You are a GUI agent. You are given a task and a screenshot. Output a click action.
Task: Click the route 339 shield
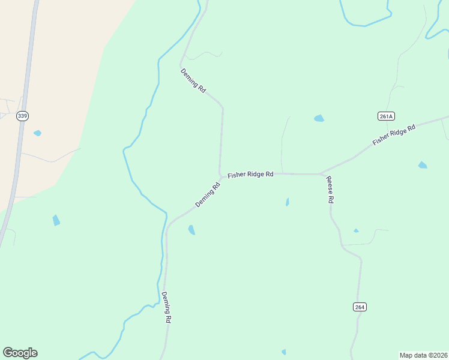click(22, 116)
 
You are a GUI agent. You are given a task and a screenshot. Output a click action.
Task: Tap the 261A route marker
click(387, 116)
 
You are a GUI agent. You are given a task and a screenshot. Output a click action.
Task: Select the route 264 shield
click(359, 307)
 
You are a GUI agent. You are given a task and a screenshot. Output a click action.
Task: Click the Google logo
click(20, 353)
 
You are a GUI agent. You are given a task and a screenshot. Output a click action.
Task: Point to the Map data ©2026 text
click(423, 355)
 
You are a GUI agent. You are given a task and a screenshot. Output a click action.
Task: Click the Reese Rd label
click(330, 190)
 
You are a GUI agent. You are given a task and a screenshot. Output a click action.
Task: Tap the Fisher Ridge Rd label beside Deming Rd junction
click(250, 174)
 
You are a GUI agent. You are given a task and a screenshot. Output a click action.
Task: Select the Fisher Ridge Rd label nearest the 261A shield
click(394, 135)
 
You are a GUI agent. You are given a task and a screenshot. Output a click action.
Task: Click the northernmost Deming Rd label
click(193, 80)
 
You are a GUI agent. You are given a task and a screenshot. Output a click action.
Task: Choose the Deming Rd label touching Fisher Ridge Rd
click(208, 195)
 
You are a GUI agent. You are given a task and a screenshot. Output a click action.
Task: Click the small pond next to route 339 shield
click(37, 133)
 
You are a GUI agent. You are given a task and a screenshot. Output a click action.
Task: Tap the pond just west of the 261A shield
click(319, 118)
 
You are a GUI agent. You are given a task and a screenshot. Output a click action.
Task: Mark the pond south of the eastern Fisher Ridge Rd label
click(423, 165)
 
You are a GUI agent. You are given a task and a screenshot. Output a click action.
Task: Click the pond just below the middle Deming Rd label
click(191, 230)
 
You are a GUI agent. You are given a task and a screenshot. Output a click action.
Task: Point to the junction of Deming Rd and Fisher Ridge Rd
click(221, 176)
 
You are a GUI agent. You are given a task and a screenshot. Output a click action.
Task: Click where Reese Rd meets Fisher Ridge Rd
click(322, 174)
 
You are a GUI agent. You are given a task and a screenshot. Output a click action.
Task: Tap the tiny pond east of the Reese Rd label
click(356, 230)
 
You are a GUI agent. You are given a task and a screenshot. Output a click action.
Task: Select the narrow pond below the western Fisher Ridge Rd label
click(288, 202)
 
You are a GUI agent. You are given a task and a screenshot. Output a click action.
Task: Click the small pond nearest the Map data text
click(284, 352)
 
